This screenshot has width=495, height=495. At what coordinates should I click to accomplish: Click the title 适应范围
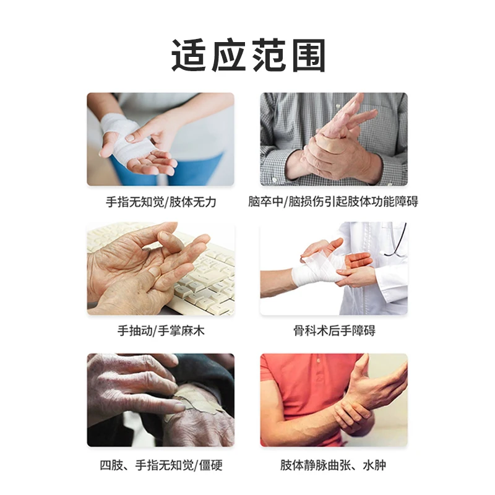pos(248,56)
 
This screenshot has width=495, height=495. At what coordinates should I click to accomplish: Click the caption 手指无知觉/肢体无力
pos(161,202)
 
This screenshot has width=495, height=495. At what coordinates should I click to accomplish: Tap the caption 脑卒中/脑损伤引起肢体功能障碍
pos(334,202)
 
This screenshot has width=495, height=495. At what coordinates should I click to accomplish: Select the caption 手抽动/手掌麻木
pos(161,331)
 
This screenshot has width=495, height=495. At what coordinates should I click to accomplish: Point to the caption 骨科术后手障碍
pos(334,331)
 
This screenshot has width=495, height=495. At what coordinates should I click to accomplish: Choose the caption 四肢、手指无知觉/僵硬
pos(161,465)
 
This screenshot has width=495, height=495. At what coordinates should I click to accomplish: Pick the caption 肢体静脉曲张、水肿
pos(334,465)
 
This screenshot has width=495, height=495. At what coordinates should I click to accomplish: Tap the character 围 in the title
pos(308,56)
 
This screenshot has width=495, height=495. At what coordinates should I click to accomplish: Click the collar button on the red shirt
pos(319,360)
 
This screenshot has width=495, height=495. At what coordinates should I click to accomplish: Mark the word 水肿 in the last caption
pos(375,465)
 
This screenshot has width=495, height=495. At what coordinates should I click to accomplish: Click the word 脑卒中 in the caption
pos(265,202)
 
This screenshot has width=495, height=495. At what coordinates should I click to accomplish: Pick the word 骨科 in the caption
pos(305,331)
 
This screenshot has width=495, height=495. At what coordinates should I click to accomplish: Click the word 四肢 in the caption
pos(111,465)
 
